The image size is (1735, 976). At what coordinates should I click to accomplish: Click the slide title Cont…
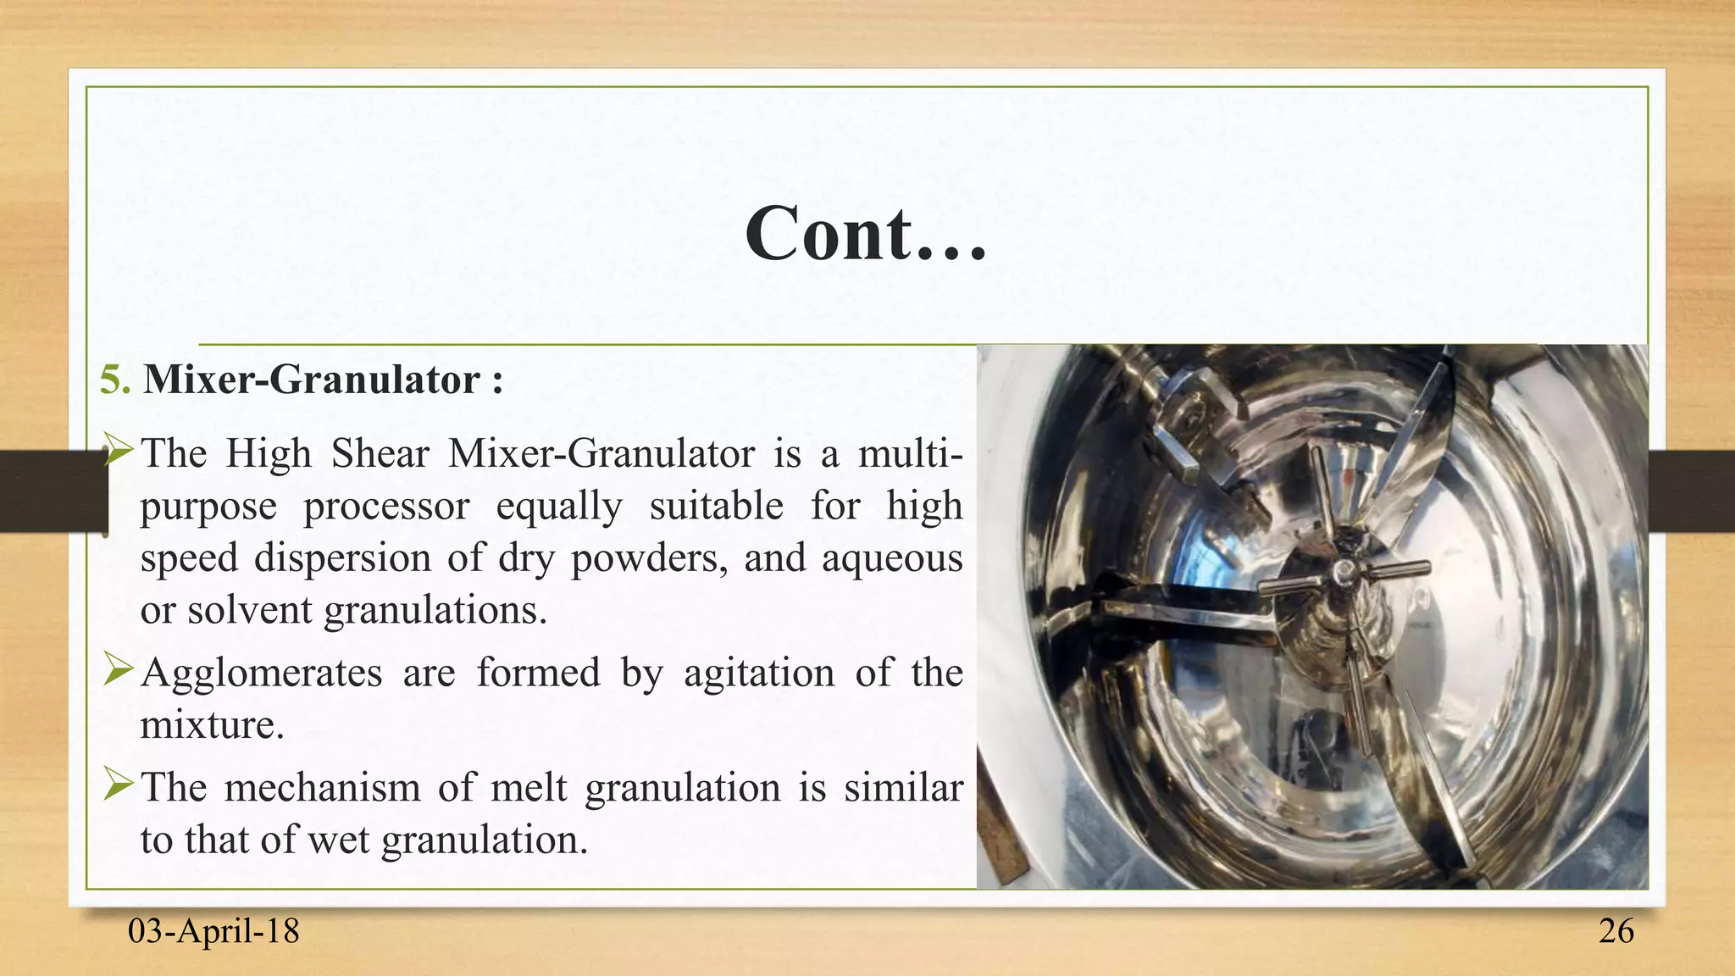point(866,235)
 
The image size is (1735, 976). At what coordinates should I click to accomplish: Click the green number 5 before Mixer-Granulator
point(114,380)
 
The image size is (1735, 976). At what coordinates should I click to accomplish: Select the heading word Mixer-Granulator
point(311,380)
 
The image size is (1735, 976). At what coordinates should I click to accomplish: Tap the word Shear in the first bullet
point(380,453)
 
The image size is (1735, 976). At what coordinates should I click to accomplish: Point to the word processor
point(386,507)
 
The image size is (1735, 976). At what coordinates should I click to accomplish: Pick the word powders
point(648,558)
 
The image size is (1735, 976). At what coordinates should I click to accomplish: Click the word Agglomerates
point(262,673)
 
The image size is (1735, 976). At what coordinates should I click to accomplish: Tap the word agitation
point(758,673)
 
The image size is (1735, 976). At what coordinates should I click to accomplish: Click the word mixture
point(211,725)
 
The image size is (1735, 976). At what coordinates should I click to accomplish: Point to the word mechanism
point(323,788)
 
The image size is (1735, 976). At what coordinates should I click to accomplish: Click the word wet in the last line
point(339,840)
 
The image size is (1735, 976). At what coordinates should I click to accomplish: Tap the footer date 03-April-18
point(213,931)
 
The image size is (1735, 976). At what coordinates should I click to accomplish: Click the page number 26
point(1616,931)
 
